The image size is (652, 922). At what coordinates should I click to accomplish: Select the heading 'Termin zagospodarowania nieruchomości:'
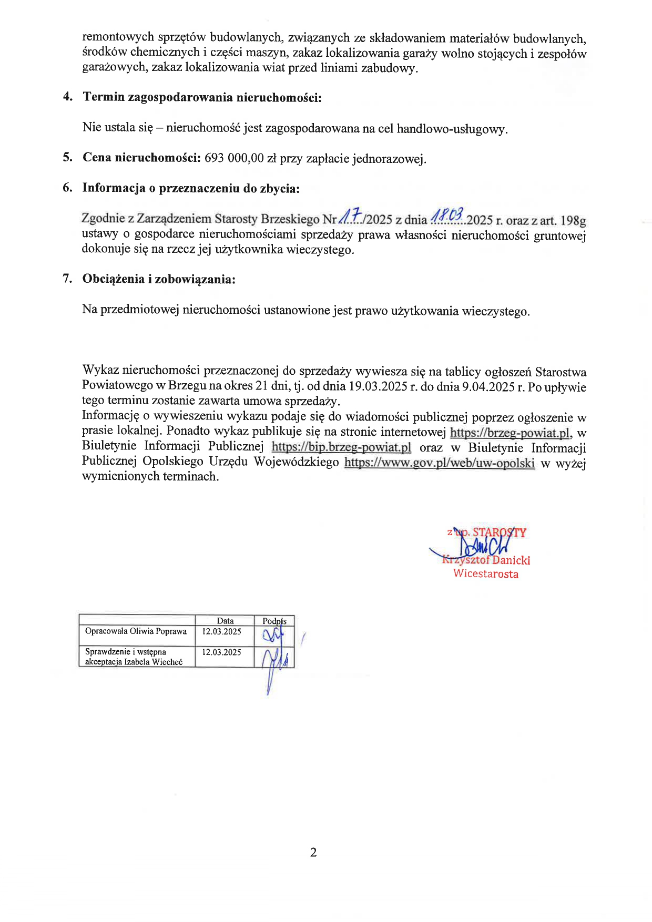pos(202,97)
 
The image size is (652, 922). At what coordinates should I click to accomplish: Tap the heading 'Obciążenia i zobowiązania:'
pos(159,279)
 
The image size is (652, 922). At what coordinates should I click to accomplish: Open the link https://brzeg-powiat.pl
pos(510,433)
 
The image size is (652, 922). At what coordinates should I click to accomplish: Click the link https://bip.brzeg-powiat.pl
pos(341,448)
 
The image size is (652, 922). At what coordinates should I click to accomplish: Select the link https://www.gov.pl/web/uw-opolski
pos(440,463)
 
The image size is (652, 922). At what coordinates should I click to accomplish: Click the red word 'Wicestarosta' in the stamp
pos(486,573)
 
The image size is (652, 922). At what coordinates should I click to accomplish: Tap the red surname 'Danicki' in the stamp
pos(511,560)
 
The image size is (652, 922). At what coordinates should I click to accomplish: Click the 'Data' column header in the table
pos(225,621)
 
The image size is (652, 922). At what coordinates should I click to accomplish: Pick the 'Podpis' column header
pos(274,621)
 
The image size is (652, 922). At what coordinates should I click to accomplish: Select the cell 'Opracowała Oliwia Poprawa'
pos(136,631)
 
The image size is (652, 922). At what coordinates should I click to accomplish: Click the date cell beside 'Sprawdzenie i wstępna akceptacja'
pos(221,652)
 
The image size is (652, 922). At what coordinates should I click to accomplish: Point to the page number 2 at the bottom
pos(313,852)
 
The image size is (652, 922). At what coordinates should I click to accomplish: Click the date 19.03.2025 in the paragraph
pos(378,387)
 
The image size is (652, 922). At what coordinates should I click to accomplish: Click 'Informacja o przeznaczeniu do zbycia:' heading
pos(191,188)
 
